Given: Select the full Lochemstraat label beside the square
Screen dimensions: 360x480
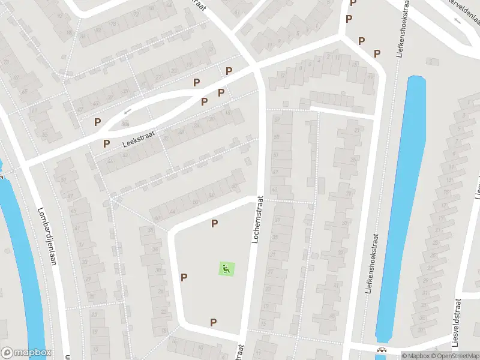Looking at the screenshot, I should coord(256,220).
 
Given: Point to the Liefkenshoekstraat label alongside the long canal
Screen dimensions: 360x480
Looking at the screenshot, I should coord(371,263).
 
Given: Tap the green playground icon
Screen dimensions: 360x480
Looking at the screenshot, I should coord(226,269).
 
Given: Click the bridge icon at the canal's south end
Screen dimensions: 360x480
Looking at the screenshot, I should coord(380,350).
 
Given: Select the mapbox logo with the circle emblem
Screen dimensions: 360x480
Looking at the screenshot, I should coord(26,353).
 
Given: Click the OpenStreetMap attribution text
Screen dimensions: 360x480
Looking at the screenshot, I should coord(453,356).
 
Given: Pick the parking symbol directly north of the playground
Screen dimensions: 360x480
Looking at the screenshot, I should coord(214,224).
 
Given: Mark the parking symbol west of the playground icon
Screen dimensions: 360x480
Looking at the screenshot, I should coord(184,277).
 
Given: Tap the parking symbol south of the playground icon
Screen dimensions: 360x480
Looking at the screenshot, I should coord(213,323).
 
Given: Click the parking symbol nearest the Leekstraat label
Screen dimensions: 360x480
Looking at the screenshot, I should coord(106,143).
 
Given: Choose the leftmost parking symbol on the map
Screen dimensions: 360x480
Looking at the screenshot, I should coord(97,122).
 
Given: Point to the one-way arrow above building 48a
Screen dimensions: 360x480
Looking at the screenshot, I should coord(127,111).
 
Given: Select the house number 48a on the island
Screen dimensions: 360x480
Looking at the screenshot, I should coord(125,123).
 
